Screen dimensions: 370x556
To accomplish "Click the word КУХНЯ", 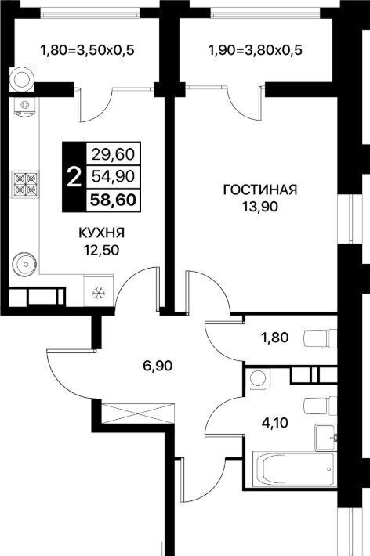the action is [x=101, y=233].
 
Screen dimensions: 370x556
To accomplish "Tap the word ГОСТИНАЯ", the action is [x=260, y=190].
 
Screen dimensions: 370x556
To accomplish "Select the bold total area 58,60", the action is [x=113, y=200].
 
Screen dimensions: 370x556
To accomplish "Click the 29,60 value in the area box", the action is [x=113, y=154].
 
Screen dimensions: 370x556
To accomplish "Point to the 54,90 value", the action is [x=113, y=176].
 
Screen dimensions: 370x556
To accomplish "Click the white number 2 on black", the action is [x=74, y=177].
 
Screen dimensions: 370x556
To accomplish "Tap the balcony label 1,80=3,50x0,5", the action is [x=87, y=50].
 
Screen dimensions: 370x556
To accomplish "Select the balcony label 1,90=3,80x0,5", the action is [x=255, y=50].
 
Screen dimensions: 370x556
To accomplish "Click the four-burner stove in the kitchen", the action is [x=25, y=184].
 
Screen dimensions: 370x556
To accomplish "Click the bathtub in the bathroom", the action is [x=294, y=470].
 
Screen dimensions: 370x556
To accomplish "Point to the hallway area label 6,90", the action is [x=158, y=365].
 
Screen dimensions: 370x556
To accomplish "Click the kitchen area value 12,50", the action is [x=101, y=251].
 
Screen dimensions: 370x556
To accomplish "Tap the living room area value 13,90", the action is [x=260, y=207].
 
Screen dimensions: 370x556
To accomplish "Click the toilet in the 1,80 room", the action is [x=321, y=338].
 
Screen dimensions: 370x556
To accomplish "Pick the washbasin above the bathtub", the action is [x=325, y=438].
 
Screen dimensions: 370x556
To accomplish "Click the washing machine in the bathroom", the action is [x=257, y=378].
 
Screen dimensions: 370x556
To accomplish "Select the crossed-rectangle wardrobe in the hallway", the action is [x=138, y=413].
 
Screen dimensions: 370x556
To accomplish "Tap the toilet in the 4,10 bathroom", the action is [x=321, y=406].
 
